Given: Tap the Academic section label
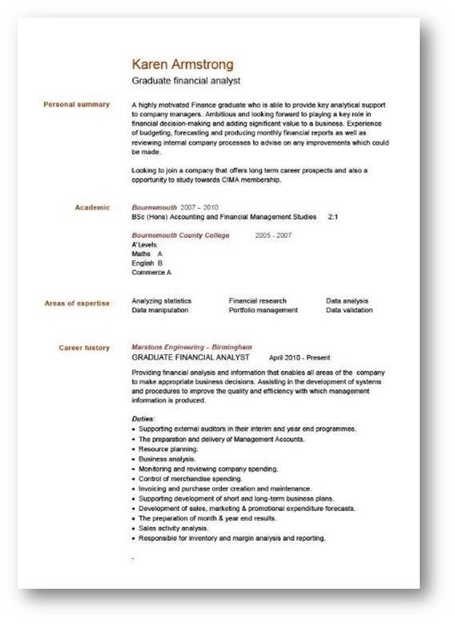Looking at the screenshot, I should coord(92,207).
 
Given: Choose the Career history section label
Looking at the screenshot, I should coord(85,348).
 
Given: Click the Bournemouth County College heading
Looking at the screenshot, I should coord(180,236).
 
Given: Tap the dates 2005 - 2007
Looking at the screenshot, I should coord(274,236).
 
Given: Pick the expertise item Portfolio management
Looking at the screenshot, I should coord(263,310).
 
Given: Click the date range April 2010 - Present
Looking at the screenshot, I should coord(300,357).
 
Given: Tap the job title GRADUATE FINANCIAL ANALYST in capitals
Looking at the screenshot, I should coord(191,357).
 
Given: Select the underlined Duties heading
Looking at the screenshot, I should coord(143,419).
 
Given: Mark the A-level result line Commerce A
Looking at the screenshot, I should coord(151,272).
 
